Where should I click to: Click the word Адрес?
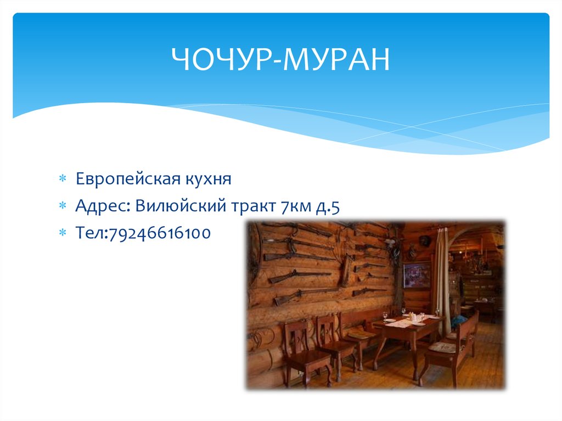(102, 206)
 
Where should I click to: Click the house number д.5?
(329, 206)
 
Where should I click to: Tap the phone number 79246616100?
(160, 233)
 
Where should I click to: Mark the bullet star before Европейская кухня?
(62, 179)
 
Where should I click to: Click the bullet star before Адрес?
(62, 206)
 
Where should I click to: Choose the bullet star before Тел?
(62, 233)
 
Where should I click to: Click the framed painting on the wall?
(417, 274)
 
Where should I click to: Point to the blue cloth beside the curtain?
(458, 321)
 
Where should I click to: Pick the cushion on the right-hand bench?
(442, 347)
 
